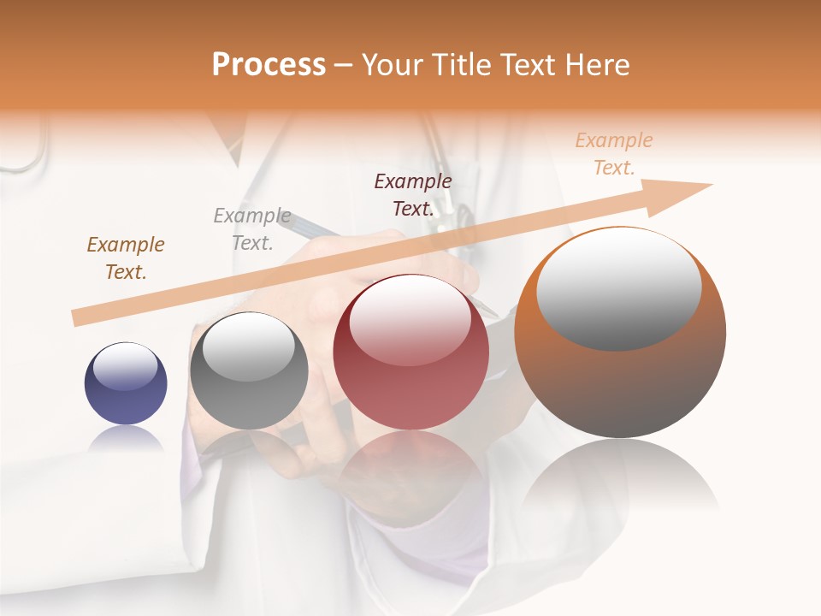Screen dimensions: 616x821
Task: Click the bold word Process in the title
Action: click(269, 65)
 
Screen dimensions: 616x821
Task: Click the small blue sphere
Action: click(126, 383)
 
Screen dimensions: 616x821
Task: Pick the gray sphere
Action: click(249, 370)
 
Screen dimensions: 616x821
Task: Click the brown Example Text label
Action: click(126, 258)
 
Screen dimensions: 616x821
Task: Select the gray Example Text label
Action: click(252, 229)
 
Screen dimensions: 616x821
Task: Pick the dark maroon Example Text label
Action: click(413, 194)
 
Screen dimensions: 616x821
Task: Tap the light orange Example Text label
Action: click(613, 154)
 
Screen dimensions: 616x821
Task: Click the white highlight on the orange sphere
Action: click(619, 287)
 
